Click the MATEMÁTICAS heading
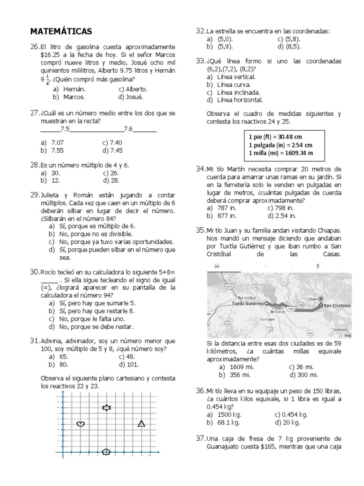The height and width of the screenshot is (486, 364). [61, 31]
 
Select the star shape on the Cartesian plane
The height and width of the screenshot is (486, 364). [106, 408]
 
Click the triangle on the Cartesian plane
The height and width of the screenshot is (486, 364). [141, 423]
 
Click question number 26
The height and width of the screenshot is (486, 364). [34, 47]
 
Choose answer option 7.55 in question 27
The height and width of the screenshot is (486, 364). [57, 150]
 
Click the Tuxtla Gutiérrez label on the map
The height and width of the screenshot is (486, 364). [247, 302]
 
